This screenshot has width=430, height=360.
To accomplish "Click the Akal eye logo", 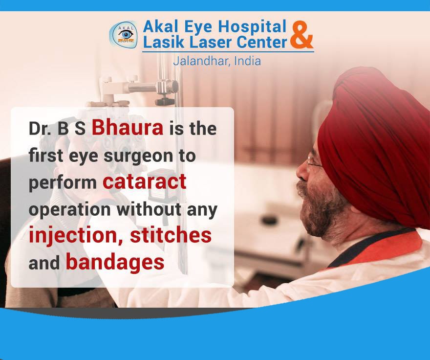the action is (124, 35).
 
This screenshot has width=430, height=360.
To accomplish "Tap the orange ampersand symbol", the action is (302, 35).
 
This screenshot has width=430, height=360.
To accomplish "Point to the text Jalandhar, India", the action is (216, 61).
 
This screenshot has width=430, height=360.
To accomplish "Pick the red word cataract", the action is (145, 181).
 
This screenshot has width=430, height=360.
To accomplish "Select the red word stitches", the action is (171, 235).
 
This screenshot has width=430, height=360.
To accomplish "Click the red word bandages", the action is (115, 262).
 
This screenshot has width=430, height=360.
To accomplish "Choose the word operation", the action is (70, 210).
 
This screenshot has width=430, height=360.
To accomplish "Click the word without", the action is (149, 209).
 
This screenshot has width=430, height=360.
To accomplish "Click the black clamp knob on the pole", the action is (165, 101).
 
